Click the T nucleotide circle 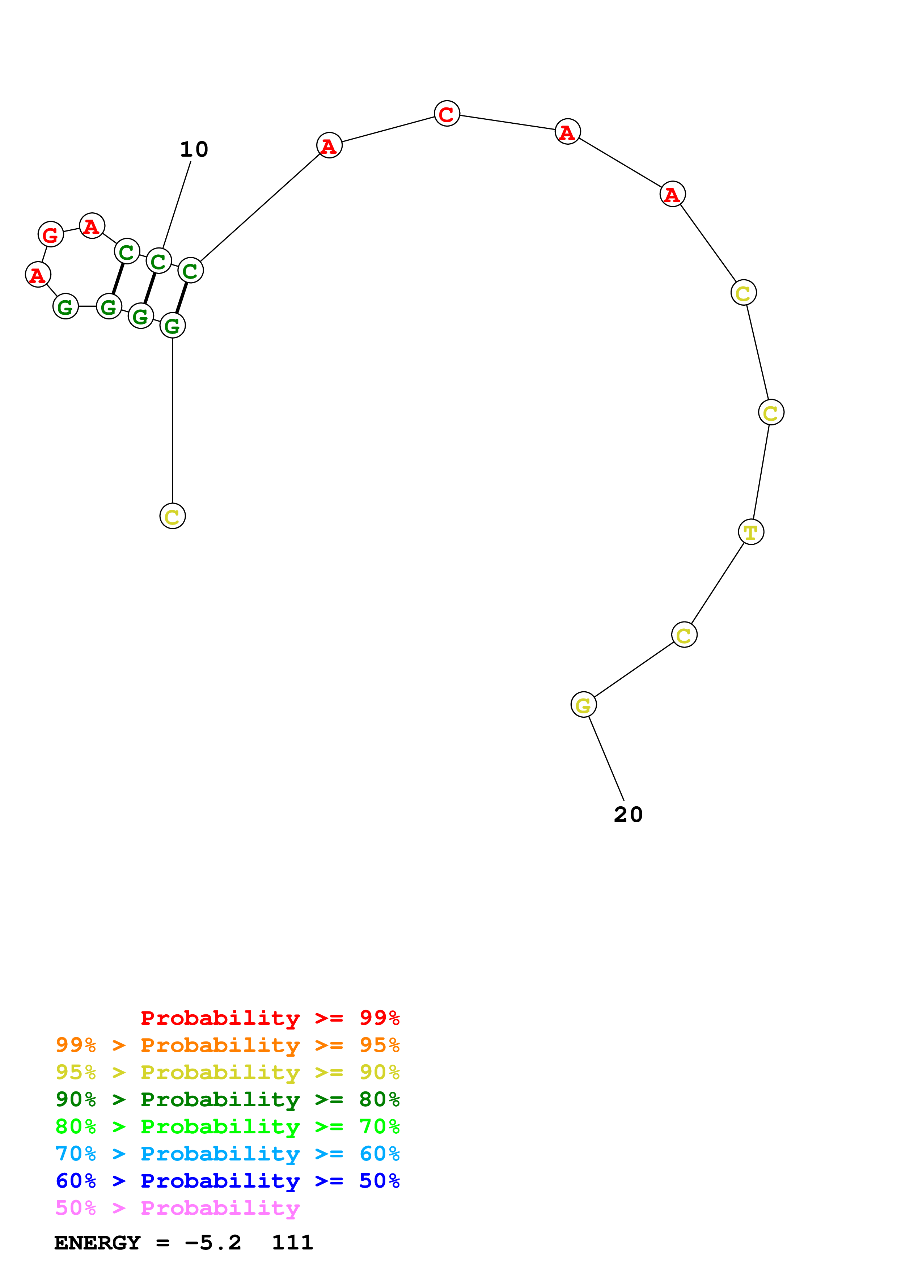tap(750, 532)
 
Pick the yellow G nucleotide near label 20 tap(583, 705)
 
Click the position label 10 tap(194, 149)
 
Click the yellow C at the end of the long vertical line tap(173, 516)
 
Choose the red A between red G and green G tap(38, 274)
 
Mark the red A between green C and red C tap(329, 145)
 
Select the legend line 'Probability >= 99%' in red tap(270, 1018)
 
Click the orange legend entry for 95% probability tap(227, 1045)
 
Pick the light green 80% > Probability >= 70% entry tap(227, 1126)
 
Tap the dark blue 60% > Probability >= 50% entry tap(227, 1181)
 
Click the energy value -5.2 tap(213, 1243)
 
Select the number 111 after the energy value tap(292, 1243)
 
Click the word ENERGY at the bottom tap(97, 1243)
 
